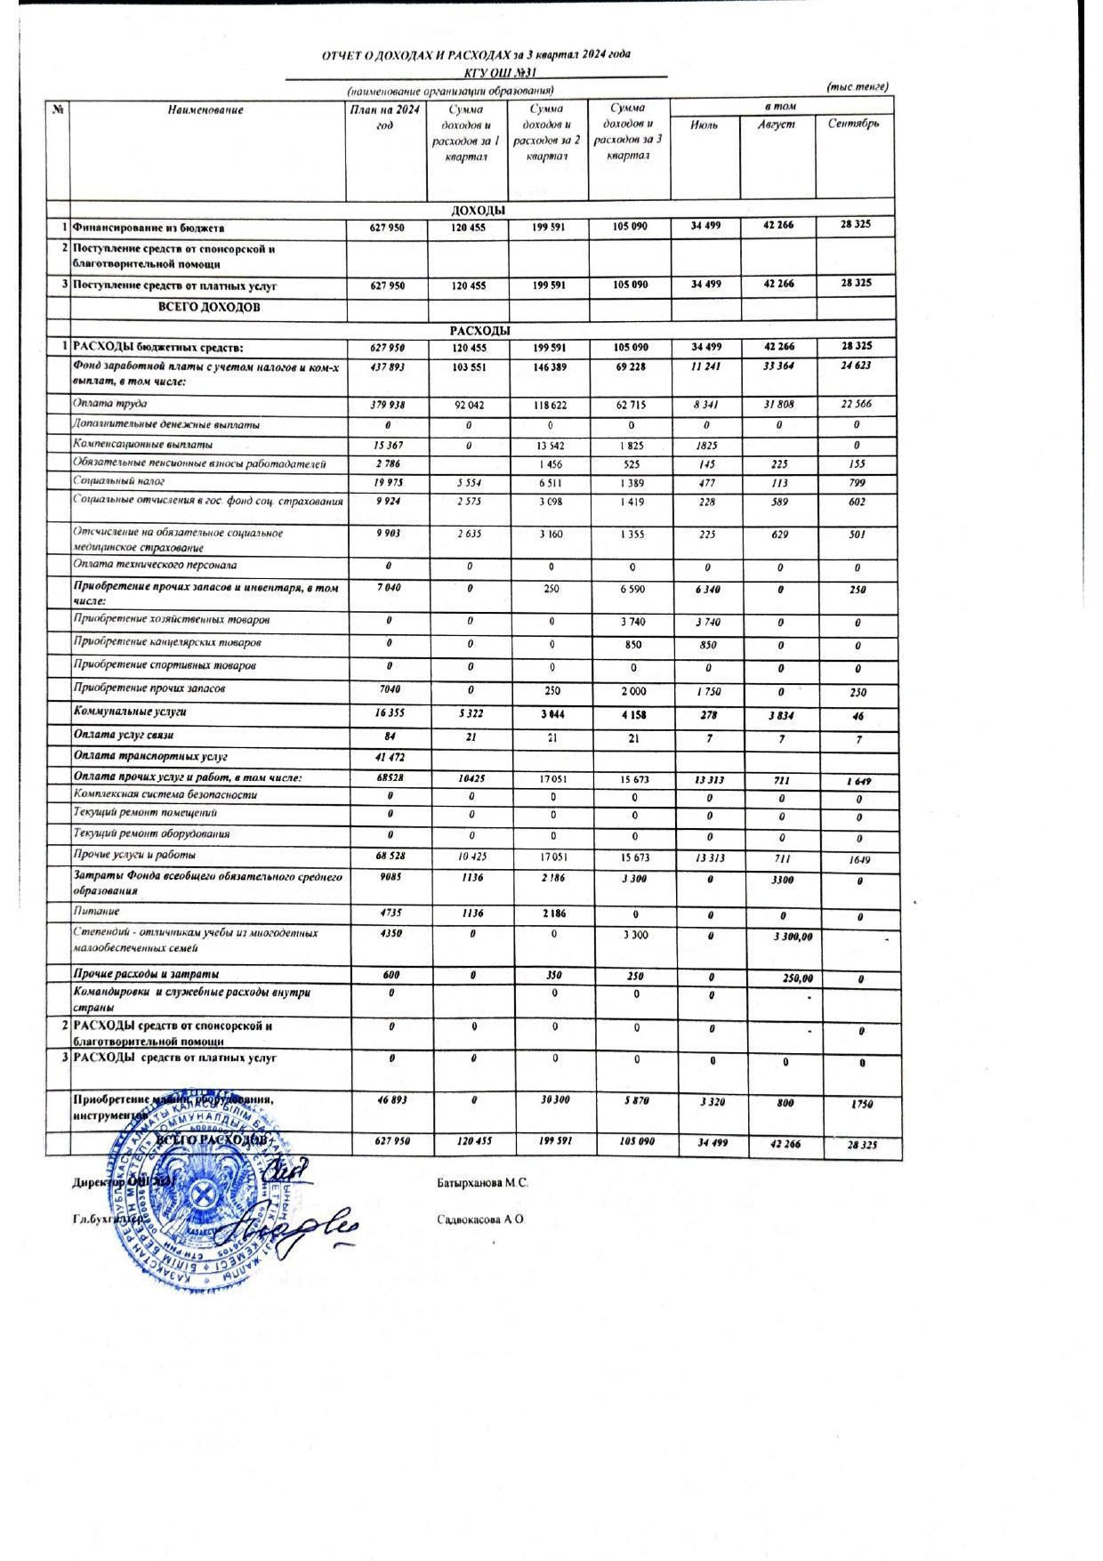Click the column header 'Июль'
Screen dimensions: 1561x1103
[704, 125]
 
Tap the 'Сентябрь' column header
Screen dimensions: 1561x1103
[853, 124]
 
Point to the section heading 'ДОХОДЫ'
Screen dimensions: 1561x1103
[479, 211]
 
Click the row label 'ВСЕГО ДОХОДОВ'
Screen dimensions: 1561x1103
[209, 308]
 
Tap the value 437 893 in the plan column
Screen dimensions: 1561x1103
[386, 366]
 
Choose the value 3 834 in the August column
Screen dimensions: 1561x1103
[778, 716]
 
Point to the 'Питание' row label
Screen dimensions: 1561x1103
[96, 912]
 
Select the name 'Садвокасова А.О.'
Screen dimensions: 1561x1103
[481, 1220]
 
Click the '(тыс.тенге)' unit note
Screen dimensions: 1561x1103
[857, 86]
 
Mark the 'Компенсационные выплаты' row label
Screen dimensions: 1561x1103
[142, 444]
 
